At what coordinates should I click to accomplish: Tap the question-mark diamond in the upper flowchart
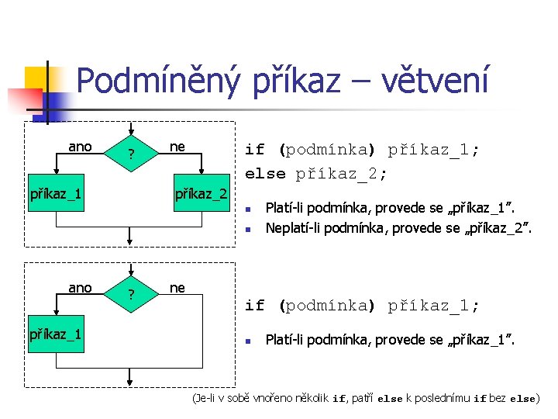coord(132,154)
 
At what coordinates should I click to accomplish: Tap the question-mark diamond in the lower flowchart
coord(132,295)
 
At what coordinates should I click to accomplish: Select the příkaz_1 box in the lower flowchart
coord(56,334)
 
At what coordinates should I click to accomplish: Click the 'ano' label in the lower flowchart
coord(80,288)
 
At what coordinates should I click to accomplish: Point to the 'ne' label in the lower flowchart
coord(177,288)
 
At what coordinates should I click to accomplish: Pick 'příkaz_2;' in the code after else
coord(341,173)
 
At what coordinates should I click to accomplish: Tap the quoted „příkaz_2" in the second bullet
coord(496,227)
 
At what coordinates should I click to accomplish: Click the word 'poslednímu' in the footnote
coord(445,399)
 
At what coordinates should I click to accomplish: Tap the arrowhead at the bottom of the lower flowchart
coord(132,380)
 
